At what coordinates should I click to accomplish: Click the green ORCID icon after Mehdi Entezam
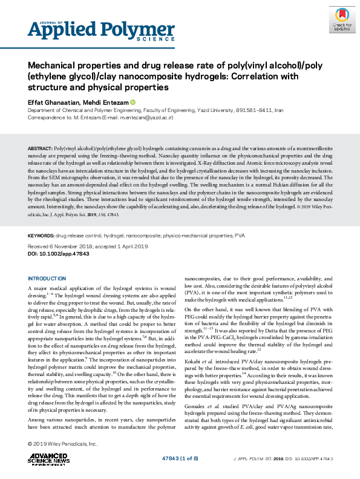pyautogui.click(x=133, y=102)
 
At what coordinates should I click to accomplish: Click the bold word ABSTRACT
pyautogui.click(x=40, y=148)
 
